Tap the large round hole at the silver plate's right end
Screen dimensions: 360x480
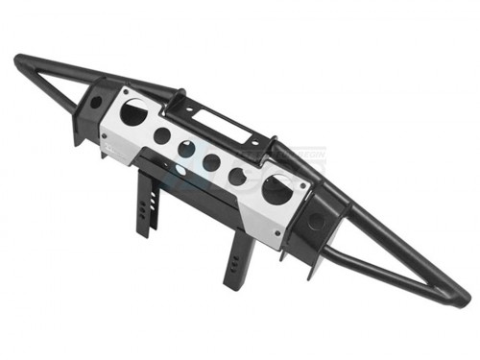(x=276, y=189)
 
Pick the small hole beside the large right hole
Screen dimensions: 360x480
(x=236, y=176)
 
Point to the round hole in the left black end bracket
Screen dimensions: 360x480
(x=95, y=101)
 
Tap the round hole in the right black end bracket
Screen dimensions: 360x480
(x=315, y=222)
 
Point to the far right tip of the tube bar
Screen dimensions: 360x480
(x=464, y=300)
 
